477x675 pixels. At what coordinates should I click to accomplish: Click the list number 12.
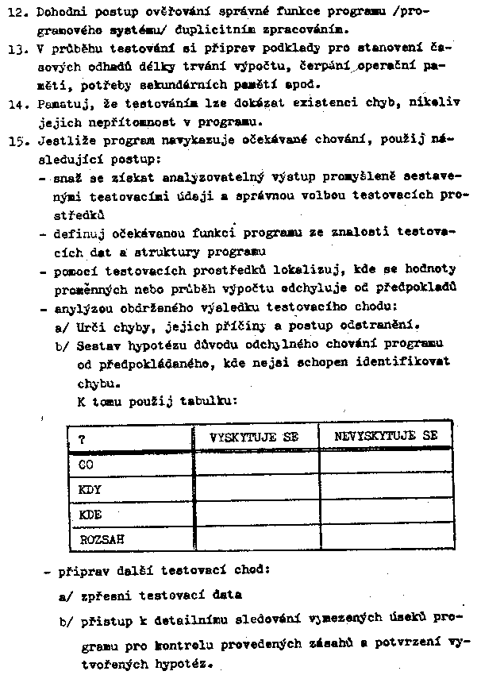click(x=17, y=12)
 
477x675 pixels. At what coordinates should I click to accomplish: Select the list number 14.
click(x=17, y=103)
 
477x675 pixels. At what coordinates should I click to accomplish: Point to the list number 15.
click(x=17, y=141)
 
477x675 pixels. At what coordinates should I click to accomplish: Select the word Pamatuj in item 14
click(x=61, y=103)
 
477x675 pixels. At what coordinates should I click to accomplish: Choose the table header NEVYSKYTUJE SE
click(x=385, y=436)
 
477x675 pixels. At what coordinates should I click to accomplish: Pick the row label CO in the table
click(x=87, y=462)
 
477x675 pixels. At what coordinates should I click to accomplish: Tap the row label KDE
click(x=90, y=514)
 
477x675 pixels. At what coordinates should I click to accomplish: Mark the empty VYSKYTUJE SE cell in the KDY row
click(x=256, y=488)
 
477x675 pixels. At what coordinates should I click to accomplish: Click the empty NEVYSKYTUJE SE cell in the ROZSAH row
click(x=386, y=539)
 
